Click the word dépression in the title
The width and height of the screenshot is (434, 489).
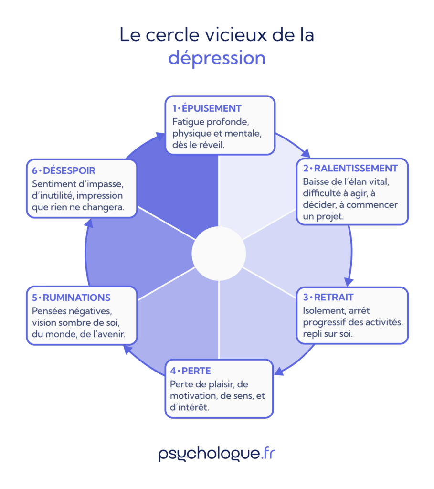tap(217, 58)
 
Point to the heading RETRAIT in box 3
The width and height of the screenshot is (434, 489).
tap(334, 298)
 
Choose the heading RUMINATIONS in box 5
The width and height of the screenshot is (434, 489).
tap(76, 298)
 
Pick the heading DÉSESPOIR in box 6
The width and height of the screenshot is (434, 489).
tap(69, 170)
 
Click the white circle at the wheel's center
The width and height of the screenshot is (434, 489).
tap(218, 254)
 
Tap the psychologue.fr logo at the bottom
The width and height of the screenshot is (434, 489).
tap(217, 453)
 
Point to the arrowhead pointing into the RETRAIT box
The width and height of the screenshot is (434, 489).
tap(348, 281)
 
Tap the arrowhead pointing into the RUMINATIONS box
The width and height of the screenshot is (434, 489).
tap(127, 350)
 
